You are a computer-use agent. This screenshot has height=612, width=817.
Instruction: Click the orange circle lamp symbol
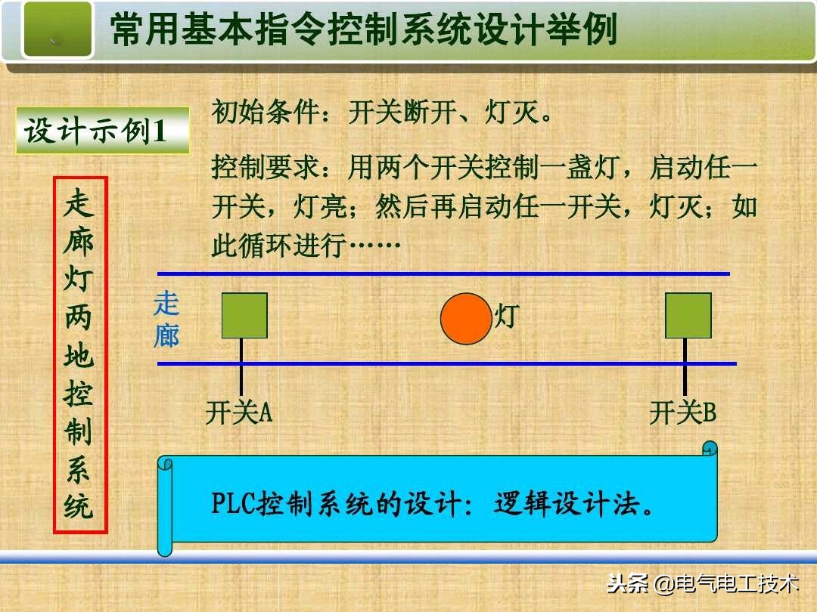click(466, 318)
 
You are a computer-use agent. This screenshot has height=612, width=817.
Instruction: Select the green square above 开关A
click(244, 316)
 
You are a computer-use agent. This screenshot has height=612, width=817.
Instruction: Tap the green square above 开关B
click(688, 316)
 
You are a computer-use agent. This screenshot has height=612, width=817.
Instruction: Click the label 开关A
click(238, 413)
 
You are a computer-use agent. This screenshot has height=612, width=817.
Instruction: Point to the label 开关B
click(682, 413)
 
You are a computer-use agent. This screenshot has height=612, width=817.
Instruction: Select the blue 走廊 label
click(166, 320)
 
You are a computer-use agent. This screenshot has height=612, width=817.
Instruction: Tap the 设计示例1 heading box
click(102, 131)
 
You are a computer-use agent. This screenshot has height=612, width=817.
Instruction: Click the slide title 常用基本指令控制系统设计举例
click(364, 31)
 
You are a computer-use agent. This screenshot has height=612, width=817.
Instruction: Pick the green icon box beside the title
click(57, 30)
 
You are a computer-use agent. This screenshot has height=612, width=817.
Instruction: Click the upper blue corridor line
click(443, 274)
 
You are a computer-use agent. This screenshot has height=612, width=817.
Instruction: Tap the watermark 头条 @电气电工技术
click(703, 584)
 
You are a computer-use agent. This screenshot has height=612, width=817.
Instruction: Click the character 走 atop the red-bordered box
click(79, 203)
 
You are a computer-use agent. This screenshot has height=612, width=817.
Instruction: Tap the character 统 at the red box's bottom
click(79, 506)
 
